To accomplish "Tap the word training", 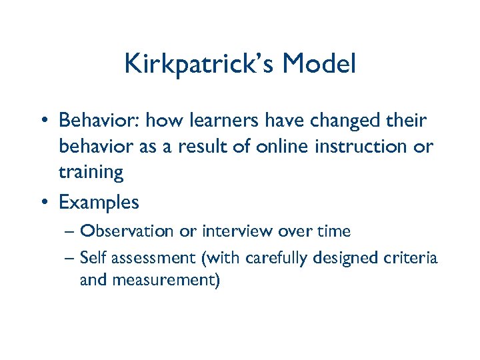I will point(91,173).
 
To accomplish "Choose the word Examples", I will point(99,201).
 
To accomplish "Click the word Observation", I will point(127,231).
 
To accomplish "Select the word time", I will point(333,231).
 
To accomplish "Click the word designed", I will point(346,257).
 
